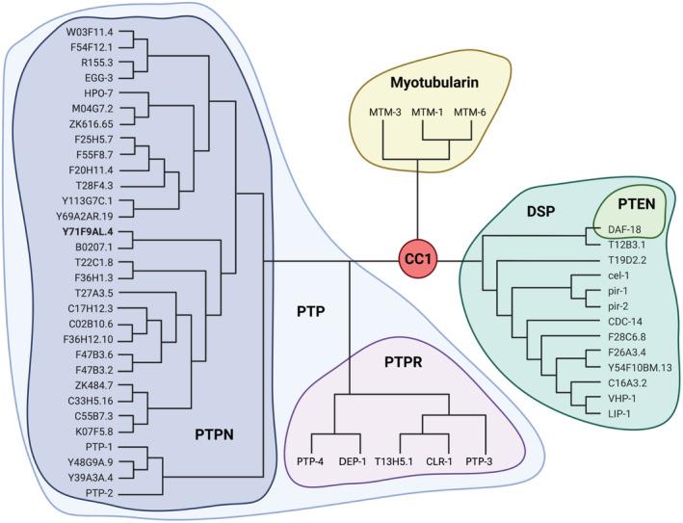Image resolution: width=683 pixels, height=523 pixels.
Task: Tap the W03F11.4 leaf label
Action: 91,31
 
